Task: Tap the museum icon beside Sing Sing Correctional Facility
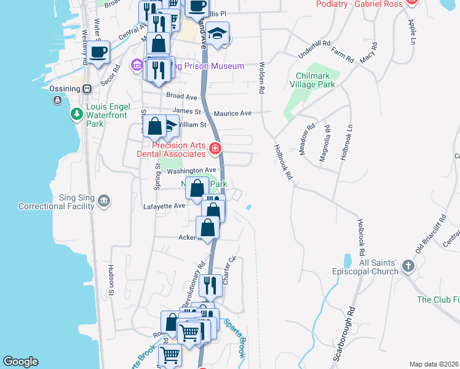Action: click(x=104, y=200)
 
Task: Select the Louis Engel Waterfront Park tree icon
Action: click(x=76, y=113)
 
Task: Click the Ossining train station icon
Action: click(x=87, y=88)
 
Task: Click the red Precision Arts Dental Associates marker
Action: click(x=215, y=148)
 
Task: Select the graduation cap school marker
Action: click(x=217, y=34)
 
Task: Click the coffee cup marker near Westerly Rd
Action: click(x=98, y=52)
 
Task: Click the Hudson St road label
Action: click(x=112, y=280)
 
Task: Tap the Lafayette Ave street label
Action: click(x=164, y=205)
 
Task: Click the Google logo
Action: click(x=20, y=362)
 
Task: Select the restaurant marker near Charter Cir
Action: click(x=212, y=285)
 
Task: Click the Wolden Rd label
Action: click(x=262, y=77)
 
